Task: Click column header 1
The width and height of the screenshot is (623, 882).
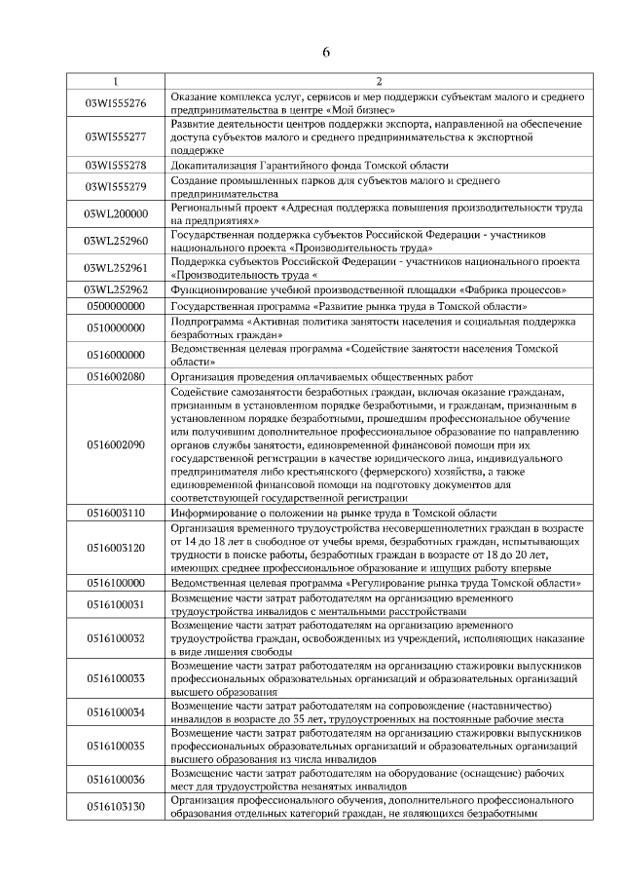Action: [116, 81]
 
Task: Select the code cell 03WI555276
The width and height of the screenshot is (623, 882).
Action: [116, 103]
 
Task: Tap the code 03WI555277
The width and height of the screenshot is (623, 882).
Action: [116, 137]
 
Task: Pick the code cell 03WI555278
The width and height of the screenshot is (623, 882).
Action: [116, 166]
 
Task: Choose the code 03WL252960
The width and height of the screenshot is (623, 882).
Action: [116, 241]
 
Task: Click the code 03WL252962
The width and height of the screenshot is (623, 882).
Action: [116, 290]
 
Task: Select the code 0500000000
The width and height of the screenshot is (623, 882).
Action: [116, 305]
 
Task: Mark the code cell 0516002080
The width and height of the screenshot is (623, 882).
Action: [116, 375]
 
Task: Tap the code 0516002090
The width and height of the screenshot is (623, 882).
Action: [116, 444]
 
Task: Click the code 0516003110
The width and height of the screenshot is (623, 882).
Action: [116, 513]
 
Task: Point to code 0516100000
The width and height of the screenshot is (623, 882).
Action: [116, 583]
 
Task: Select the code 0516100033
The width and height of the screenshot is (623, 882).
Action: [116, 677]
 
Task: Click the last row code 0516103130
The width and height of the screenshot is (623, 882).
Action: [116, 806]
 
